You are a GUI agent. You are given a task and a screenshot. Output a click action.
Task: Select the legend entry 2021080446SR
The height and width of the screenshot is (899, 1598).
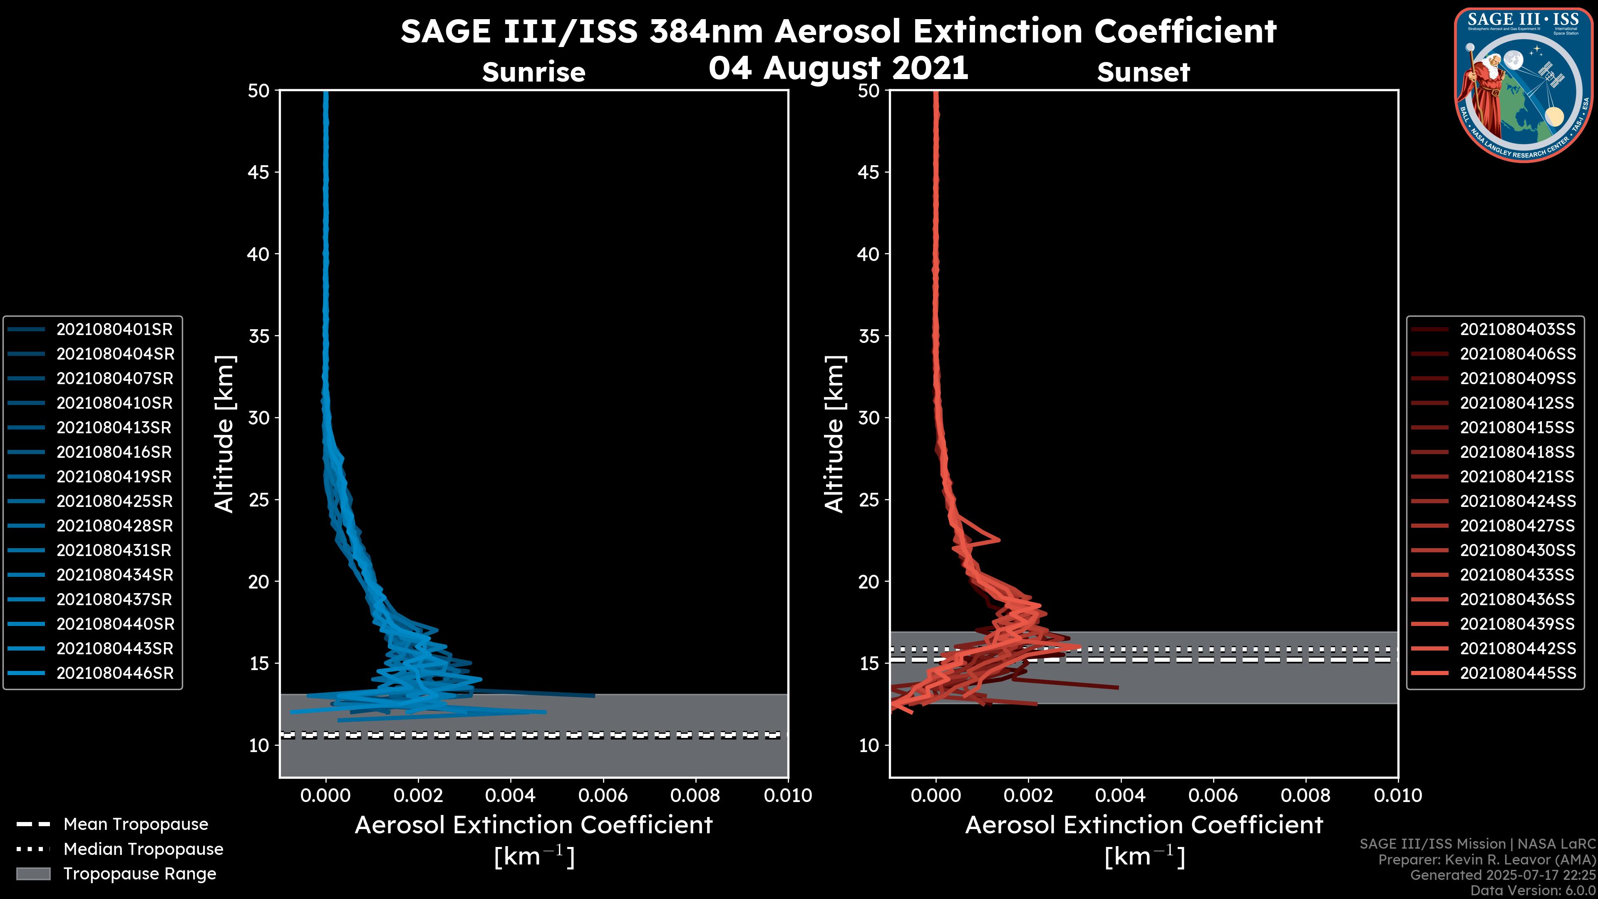(115, 673)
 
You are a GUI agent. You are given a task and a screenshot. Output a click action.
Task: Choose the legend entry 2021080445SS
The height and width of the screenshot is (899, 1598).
(1517, 673)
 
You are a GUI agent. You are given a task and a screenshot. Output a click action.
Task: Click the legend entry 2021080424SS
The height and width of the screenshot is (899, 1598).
(1517, 501)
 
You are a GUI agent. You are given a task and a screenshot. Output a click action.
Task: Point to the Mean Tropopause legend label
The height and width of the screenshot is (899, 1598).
(136, 824)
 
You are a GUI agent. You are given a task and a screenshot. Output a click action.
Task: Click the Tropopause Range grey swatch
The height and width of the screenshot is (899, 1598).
(33, 874)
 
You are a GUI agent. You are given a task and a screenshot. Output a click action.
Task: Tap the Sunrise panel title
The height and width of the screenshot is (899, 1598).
(533, 72)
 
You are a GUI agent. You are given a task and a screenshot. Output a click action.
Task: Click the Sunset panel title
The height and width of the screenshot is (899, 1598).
(1143, 72)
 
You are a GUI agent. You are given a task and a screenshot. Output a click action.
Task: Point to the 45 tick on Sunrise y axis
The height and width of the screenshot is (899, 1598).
(259, 172)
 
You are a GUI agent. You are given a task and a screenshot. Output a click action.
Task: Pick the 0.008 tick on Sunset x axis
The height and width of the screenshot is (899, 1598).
(1306, 795)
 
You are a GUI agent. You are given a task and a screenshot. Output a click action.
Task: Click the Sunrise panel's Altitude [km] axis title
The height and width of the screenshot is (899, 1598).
(224, 434)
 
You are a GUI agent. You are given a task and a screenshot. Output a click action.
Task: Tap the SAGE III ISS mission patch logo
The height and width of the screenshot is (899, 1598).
(1522, 84)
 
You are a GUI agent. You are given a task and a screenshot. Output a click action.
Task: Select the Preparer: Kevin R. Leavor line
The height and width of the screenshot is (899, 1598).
(1486, 860)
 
